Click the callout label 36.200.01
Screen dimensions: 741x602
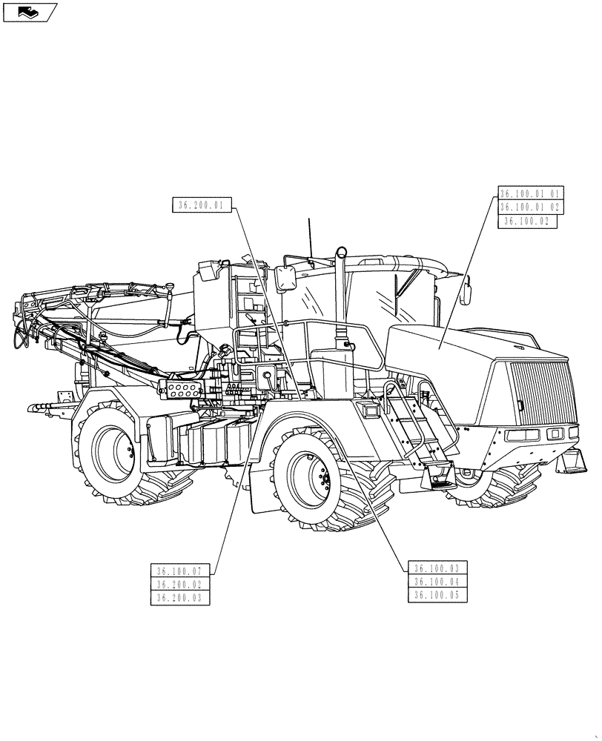202,205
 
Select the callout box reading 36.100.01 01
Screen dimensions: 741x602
532,193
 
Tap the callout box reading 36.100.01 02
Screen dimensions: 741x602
532,207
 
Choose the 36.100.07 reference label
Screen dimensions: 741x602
180,571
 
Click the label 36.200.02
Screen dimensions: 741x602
180,584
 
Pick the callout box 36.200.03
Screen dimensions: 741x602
180,597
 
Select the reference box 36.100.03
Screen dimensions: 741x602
437,568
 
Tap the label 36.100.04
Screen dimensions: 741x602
437,582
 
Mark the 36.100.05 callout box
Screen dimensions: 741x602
437,595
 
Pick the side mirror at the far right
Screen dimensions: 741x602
466,290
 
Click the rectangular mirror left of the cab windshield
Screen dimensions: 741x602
286,279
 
